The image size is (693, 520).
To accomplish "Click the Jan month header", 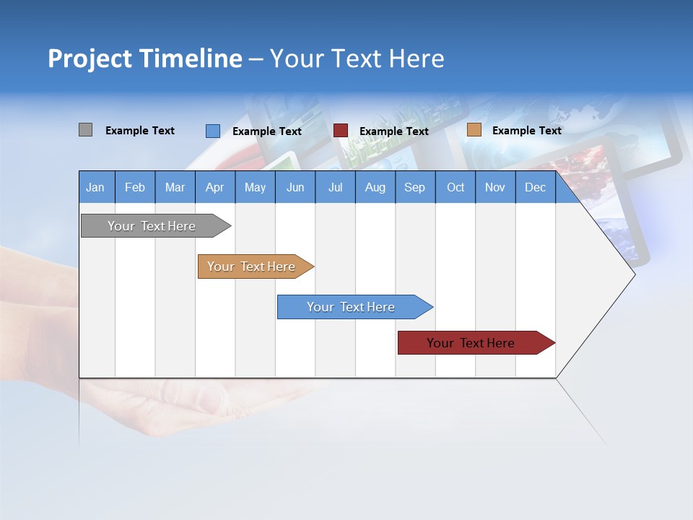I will (x=96, y=187).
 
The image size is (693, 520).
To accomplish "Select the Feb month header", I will (x=135, y=187).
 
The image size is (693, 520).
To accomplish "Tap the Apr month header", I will (x=214, y=187).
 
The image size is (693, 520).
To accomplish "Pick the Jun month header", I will (x=295, y=187).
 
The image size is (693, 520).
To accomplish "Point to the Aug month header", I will (x=375, y=187).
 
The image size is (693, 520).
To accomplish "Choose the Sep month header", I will (x=414, y=187).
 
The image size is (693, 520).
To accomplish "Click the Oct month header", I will (x=456, y=187).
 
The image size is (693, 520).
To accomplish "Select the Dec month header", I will (x=535, y=187).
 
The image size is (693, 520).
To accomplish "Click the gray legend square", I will (x=85, y=130).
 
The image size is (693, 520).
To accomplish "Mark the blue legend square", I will (x=212, y=131).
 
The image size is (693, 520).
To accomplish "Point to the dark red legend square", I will (x=341, y=131).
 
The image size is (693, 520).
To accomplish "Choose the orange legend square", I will (x=474, y=130).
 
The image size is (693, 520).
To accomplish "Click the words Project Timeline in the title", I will (x=145, y=58).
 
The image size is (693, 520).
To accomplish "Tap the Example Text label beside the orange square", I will (x=526, y=131).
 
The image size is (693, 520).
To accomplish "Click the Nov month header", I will (x=495, y=187).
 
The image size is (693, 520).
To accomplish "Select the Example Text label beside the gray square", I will (x=140, y=131).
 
